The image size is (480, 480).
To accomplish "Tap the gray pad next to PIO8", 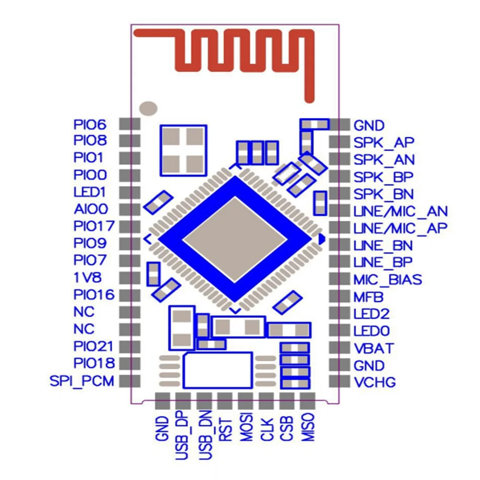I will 129,141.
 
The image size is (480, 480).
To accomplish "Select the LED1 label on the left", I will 89,192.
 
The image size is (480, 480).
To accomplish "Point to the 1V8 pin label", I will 88,277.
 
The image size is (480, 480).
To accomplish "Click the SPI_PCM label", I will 82,382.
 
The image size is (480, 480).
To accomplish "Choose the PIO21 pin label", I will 94,346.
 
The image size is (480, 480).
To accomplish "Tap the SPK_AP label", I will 384,143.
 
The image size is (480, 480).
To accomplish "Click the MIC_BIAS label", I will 388,279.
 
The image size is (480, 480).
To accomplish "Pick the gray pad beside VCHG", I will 339,382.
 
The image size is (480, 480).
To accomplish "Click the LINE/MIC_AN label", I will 400,211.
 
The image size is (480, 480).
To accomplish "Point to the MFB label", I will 368,297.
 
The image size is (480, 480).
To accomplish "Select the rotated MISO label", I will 307,427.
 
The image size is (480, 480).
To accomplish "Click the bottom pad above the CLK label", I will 266,400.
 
